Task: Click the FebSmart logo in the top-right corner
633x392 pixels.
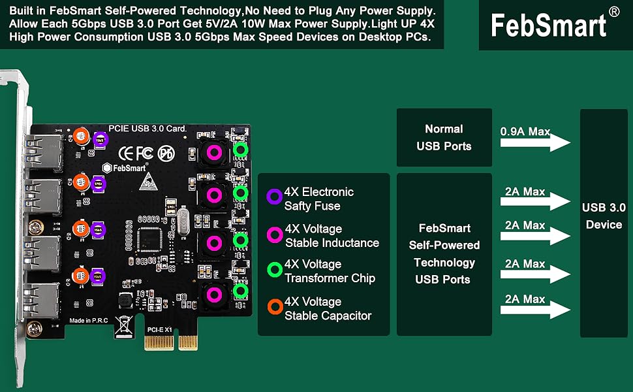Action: pos(549,25)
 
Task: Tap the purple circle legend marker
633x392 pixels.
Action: pos(275,195)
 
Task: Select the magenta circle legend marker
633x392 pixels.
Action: pos(275,233)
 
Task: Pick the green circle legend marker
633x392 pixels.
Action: pos(275,268)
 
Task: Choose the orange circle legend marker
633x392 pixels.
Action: pos(275,305)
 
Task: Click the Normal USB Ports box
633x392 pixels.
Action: pos(444,137)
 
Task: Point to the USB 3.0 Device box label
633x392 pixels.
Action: pos(604,216)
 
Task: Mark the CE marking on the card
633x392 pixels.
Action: pos(127,153)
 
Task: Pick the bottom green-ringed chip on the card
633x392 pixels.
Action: pos(241,291)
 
